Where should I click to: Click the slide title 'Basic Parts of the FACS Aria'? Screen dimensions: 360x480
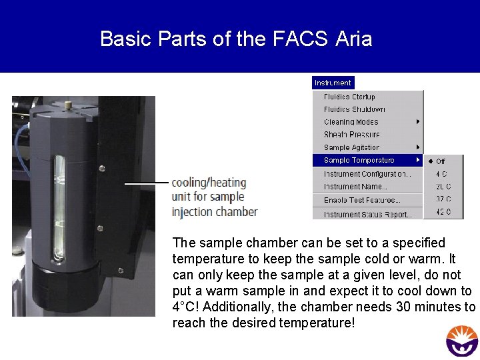pos(236,39)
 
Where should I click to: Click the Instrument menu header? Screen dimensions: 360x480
pos(333,83)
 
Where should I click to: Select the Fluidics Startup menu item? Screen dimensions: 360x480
pos(349,97)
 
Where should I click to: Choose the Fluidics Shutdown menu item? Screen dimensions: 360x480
pos(354,109)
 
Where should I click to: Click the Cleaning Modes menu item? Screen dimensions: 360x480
pos(351,122)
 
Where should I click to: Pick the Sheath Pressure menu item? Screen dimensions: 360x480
pos(351,135)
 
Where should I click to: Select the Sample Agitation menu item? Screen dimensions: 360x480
pos(351,147)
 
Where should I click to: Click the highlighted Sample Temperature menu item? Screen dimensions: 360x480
pos(359,160)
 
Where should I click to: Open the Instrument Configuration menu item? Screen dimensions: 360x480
pos(367,174)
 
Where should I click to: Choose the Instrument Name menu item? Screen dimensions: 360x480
pos(355,187)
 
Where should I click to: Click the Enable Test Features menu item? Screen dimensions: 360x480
pos(362,200)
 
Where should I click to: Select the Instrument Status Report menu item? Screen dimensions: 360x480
pos(367,214)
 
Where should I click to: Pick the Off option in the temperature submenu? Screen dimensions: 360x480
pos(441,161)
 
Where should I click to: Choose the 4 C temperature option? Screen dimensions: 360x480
pos(441,174)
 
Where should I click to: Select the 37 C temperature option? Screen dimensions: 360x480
pos(443,199)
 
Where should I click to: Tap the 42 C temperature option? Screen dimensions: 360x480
pos(443,211)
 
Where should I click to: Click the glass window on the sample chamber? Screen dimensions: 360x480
pos(59,207)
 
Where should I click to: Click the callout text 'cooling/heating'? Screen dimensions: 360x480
pos(209,183)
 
